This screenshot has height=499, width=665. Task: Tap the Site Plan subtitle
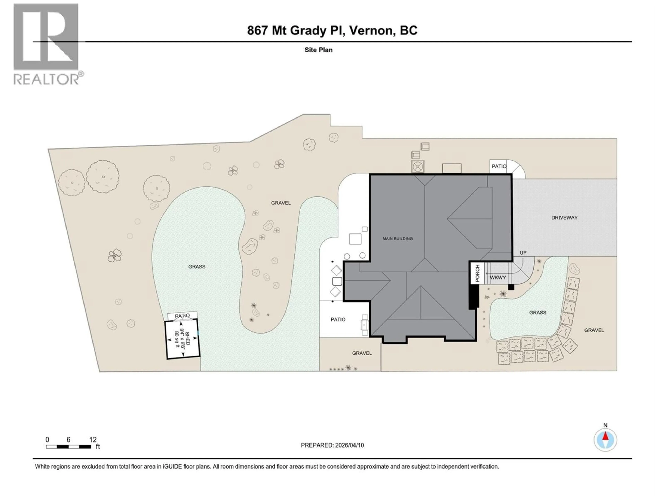[x=318, y=50]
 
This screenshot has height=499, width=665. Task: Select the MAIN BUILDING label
[x=397, y=239]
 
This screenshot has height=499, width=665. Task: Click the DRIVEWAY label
[x=564, y=217]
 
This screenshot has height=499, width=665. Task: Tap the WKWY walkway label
[x=498, y=278]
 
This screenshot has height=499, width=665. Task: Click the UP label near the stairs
[x=523, y=253]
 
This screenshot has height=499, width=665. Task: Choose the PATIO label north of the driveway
[x=499, y=166]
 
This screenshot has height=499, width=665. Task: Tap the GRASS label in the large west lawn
[x=197, y=266]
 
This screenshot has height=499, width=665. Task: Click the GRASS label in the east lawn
[x=538, y=313]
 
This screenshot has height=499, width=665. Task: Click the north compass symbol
[x=605, y=440]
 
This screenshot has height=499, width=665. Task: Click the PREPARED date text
[x=332, y=445]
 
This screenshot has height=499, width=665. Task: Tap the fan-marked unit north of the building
[x=418, y=166]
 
